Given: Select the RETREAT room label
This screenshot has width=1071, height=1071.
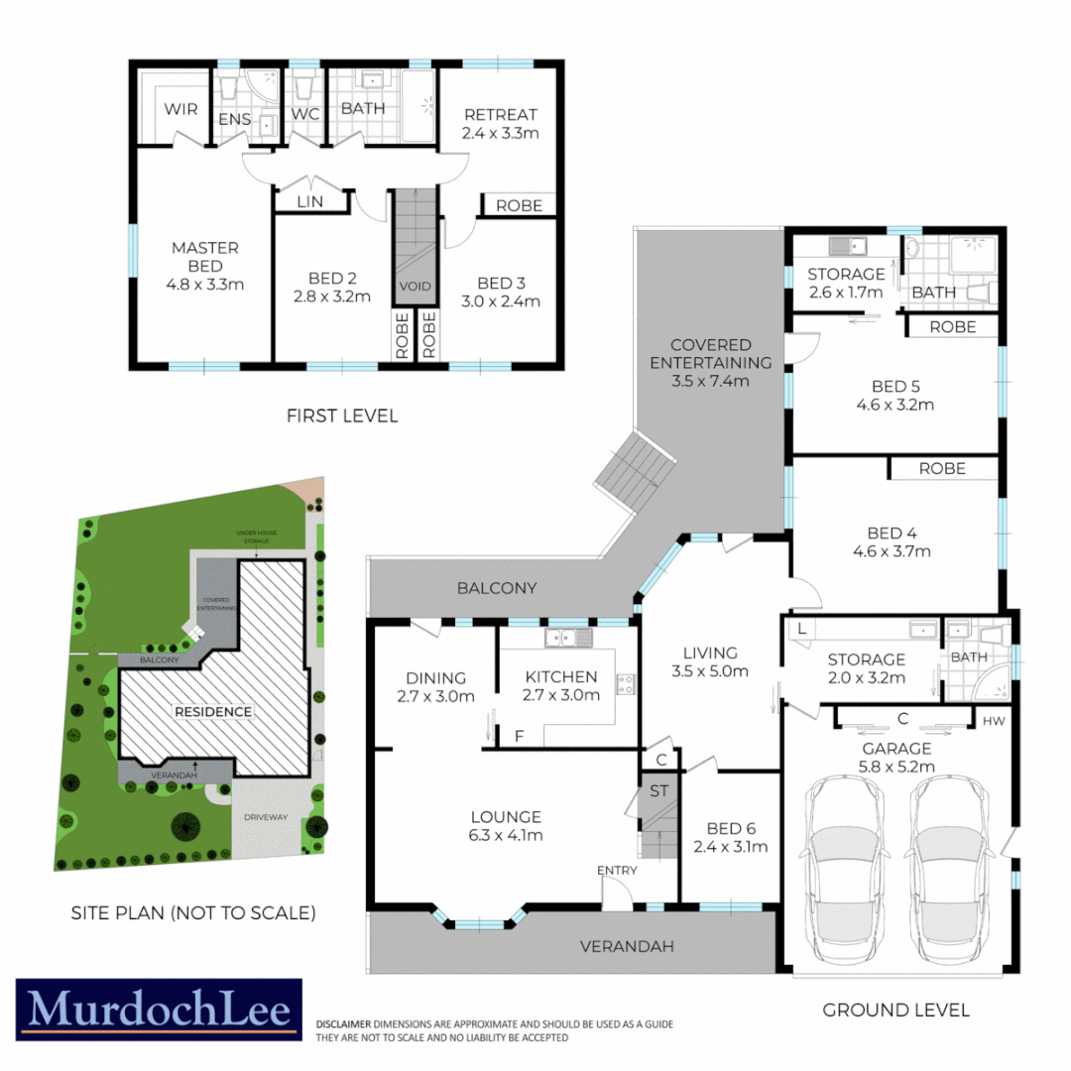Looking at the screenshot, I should pos(500,113).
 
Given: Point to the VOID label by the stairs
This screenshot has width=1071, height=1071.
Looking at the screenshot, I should pos(416,286).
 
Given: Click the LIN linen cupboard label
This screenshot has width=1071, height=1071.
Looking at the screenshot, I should pos(311,202).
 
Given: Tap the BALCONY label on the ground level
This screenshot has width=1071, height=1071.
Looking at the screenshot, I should pos(497,588).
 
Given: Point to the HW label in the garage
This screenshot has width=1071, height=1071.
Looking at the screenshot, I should pos(995,721).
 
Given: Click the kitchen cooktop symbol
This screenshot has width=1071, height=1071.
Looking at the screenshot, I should pos(627,682).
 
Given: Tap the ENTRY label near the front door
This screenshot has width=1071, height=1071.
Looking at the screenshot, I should pos(617,870).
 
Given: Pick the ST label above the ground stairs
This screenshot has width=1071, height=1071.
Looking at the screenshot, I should pos(658,791).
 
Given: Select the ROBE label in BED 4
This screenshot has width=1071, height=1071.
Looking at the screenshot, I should pos(942,468).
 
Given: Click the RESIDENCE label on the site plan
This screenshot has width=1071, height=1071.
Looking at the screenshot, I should pos(213,711).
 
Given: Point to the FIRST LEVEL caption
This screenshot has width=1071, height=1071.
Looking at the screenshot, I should pos(342,416).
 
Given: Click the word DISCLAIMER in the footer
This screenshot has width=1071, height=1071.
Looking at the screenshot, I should pos(342,1023).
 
